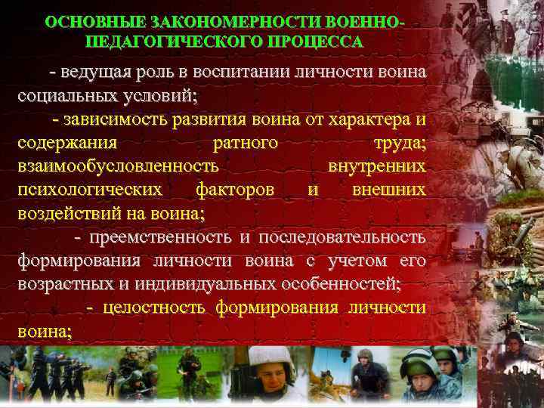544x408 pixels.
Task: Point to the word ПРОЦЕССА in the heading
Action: [311, 42]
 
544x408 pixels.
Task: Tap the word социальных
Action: [64, 97]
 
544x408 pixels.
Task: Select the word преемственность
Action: [160, 237]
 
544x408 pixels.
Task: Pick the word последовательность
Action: [342, 237]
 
